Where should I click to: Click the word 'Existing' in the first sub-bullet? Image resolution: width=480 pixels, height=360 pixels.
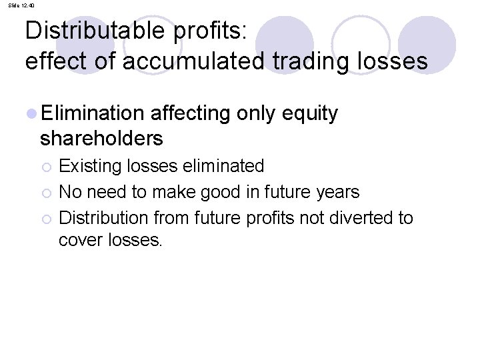pos(86,165)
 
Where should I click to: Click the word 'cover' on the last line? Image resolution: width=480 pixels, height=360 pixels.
pos(79,240)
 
